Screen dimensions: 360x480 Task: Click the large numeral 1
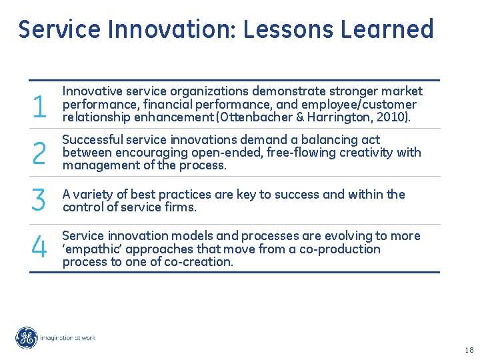pos(39,106)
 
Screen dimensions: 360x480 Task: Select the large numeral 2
pos(39,154)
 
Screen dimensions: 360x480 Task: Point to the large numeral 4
pos(39,249)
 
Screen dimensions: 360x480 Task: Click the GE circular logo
pos(27,338)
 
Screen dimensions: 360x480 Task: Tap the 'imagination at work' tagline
pos(68,338)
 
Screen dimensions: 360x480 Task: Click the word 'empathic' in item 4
pos(90,249)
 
